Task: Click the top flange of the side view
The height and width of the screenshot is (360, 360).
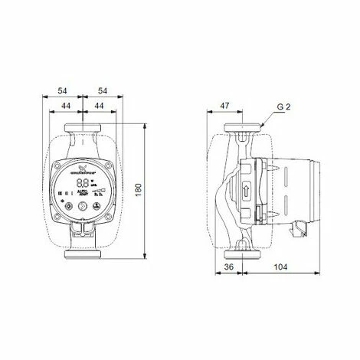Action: click(244, 127)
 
